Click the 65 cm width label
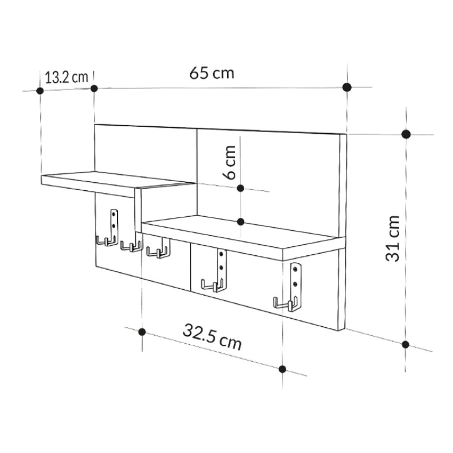(x=212, y=72)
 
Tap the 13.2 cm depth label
(x=66, y=77)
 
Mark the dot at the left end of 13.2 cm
(x=40, y=91)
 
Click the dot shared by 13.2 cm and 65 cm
(x=94, y=88)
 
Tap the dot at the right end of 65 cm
(x=347, y=87)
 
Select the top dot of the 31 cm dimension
(x=406, y=134)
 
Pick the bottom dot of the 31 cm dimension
(x=406, y=344)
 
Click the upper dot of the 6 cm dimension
(x=240, y=188)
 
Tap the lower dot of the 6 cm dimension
(x=240, y=221)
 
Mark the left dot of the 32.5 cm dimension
(x=142, y=331)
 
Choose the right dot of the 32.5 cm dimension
(x=282, y=369)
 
